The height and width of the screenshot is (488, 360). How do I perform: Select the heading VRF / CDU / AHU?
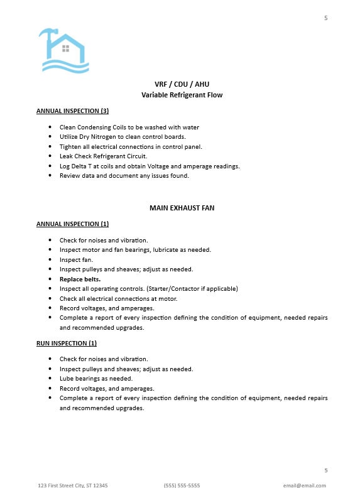pyautogui.click(x=182, y=85)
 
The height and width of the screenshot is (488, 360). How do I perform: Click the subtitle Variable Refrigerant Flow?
pyautogui.click(x=182, y=95)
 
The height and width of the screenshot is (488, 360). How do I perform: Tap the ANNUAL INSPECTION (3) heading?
pyautogui.click(x=72, y=111)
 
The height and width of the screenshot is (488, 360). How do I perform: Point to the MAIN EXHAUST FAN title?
pyautogui.click(x=182, y=207)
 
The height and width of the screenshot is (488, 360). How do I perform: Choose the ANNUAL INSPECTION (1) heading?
pyautogui.click(x=72, y=224)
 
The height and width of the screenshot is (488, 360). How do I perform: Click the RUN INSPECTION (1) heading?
pyautogui.click(x=66, y=343)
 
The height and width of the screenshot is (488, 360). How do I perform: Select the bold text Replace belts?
pyautogui.click(x=80, y=279)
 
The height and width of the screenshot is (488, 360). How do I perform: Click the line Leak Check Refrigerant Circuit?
pyautogui.click(x=103, y=156)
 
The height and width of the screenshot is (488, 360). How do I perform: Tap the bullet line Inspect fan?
pyautogui.click(x=76, y=259)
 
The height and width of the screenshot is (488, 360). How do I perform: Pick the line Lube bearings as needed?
pyautogui.click(x=95, y=379)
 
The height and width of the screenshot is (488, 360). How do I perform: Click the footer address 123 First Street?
pyautogui.click(x=72, y=485)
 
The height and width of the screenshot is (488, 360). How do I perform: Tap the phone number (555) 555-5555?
pyautogui.click(x=182, y=485)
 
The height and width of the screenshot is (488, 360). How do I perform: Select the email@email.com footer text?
pyautogui.click(x=304, y=485)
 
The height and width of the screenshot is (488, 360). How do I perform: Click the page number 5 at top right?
pyautogui.click(x=325, y=18)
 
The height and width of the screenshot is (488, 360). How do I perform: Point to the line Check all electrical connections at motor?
pyautogui.click(x=117, y=298)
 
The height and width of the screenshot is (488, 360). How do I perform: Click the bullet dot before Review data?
pyautogui.click(x=50, y=176)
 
